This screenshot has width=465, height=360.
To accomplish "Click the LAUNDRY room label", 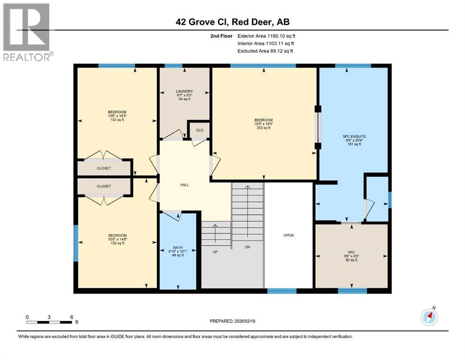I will (184, 91).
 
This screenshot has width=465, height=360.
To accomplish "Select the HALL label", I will (185, 185).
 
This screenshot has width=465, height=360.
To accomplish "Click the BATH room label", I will (178, 247).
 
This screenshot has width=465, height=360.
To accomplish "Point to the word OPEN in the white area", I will (288, 235).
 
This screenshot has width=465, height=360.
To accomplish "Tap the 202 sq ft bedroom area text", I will (264, 128).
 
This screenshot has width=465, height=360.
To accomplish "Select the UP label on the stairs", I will (215, 252).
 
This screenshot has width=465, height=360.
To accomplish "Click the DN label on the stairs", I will (248, 247).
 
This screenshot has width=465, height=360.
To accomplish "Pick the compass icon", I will (429, 317).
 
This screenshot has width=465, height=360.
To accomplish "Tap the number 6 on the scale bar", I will (71, 317).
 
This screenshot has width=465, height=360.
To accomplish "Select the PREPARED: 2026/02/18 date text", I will (232, 321).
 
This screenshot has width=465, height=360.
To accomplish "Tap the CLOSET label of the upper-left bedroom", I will (104, 168).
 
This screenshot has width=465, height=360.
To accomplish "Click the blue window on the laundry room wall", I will (173, 66).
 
